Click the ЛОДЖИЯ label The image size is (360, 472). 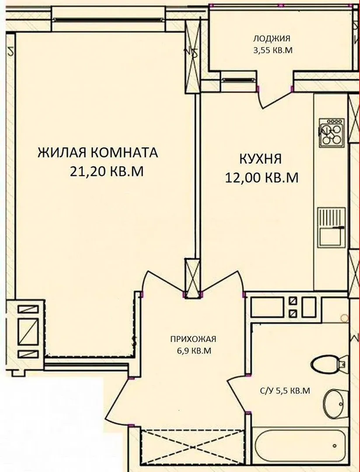click(x=272, y=38)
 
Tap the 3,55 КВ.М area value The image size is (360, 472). click(x=273, y=50)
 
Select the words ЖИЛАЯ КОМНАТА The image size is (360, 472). click(x=98, y=153)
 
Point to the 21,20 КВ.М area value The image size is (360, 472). click(x=106, y=171)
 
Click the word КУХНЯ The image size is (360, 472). click(x=261, y=159)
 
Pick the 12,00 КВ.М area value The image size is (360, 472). click(x=262, y=177)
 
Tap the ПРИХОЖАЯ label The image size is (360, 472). click(x=193, y=339)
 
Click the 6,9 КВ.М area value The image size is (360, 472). click(x=193, y=351)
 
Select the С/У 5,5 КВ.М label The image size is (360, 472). click(x=285, y=391)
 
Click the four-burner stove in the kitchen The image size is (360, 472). click(x=332, y=132)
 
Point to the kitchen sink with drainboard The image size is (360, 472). click(x=332, y=228)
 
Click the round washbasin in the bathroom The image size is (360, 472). click(x=336, y=403)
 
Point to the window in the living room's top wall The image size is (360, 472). click(x=108, y=19)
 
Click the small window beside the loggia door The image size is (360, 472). click(x=238, y=80)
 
